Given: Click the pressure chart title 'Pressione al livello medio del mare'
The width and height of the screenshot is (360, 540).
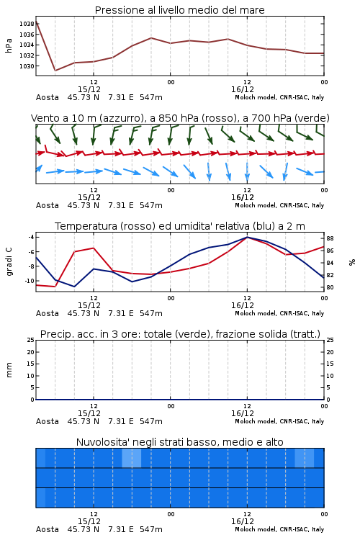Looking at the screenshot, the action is tap(179, 10).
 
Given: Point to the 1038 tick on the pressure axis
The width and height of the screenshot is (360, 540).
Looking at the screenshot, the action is tap(27, 24).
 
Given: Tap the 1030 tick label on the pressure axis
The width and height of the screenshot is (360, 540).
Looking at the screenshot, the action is tap(27, 66).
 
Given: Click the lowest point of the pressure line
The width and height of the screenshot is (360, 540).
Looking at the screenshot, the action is tap(55, 71).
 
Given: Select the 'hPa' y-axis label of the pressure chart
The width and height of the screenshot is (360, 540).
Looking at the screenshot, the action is tap(9, 45).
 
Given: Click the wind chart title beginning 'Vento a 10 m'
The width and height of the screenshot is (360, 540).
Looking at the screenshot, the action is tap(180, 118).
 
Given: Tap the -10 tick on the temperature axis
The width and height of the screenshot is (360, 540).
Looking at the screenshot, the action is tap(30, 281).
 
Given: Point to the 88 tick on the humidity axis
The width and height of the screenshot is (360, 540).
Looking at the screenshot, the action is tap(330, 238).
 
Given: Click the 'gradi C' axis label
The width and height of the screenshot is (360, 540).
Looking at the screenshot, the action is tap(9, 261).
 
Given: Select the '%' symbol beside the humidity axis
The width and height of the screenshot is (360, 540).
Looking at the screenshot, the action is tap(352, 262).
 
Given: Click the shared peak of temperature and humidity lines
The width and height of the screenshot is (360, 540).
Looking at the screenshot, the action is tap(247, 237).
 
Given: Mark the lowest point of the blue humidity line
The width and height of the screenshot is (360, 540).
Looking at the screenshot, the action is tap(74, 287).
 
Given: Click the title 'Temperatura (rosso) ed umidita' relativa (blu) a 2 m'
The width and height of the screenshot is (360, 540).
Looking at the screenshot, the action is tap(180, 226).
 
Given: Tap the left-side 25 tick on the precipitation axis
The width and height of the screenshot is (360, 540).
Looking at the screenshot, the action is tap(31, 340).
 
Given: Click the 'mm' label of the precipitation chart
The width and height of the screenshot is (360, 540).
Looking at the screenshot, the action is tap(9, 369).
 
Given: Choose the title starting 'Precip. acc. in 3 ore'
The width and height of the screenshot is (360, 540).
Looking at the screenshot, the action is tap(180, 334).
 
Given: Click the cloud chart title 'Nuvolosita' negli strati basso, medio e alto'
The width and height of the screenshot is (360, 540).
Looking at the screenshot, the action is tap(179, 442).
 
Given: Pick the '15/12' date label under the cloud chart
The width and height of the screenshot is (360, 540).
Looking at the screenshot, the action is tap(89, 521).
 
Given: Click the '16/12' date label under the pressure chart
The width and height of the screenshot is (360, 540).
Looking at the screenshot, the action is tap(243, 89).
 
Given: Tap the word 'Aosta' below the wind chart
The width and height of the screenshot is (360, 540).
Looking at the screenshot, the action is tap(48, 206).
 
